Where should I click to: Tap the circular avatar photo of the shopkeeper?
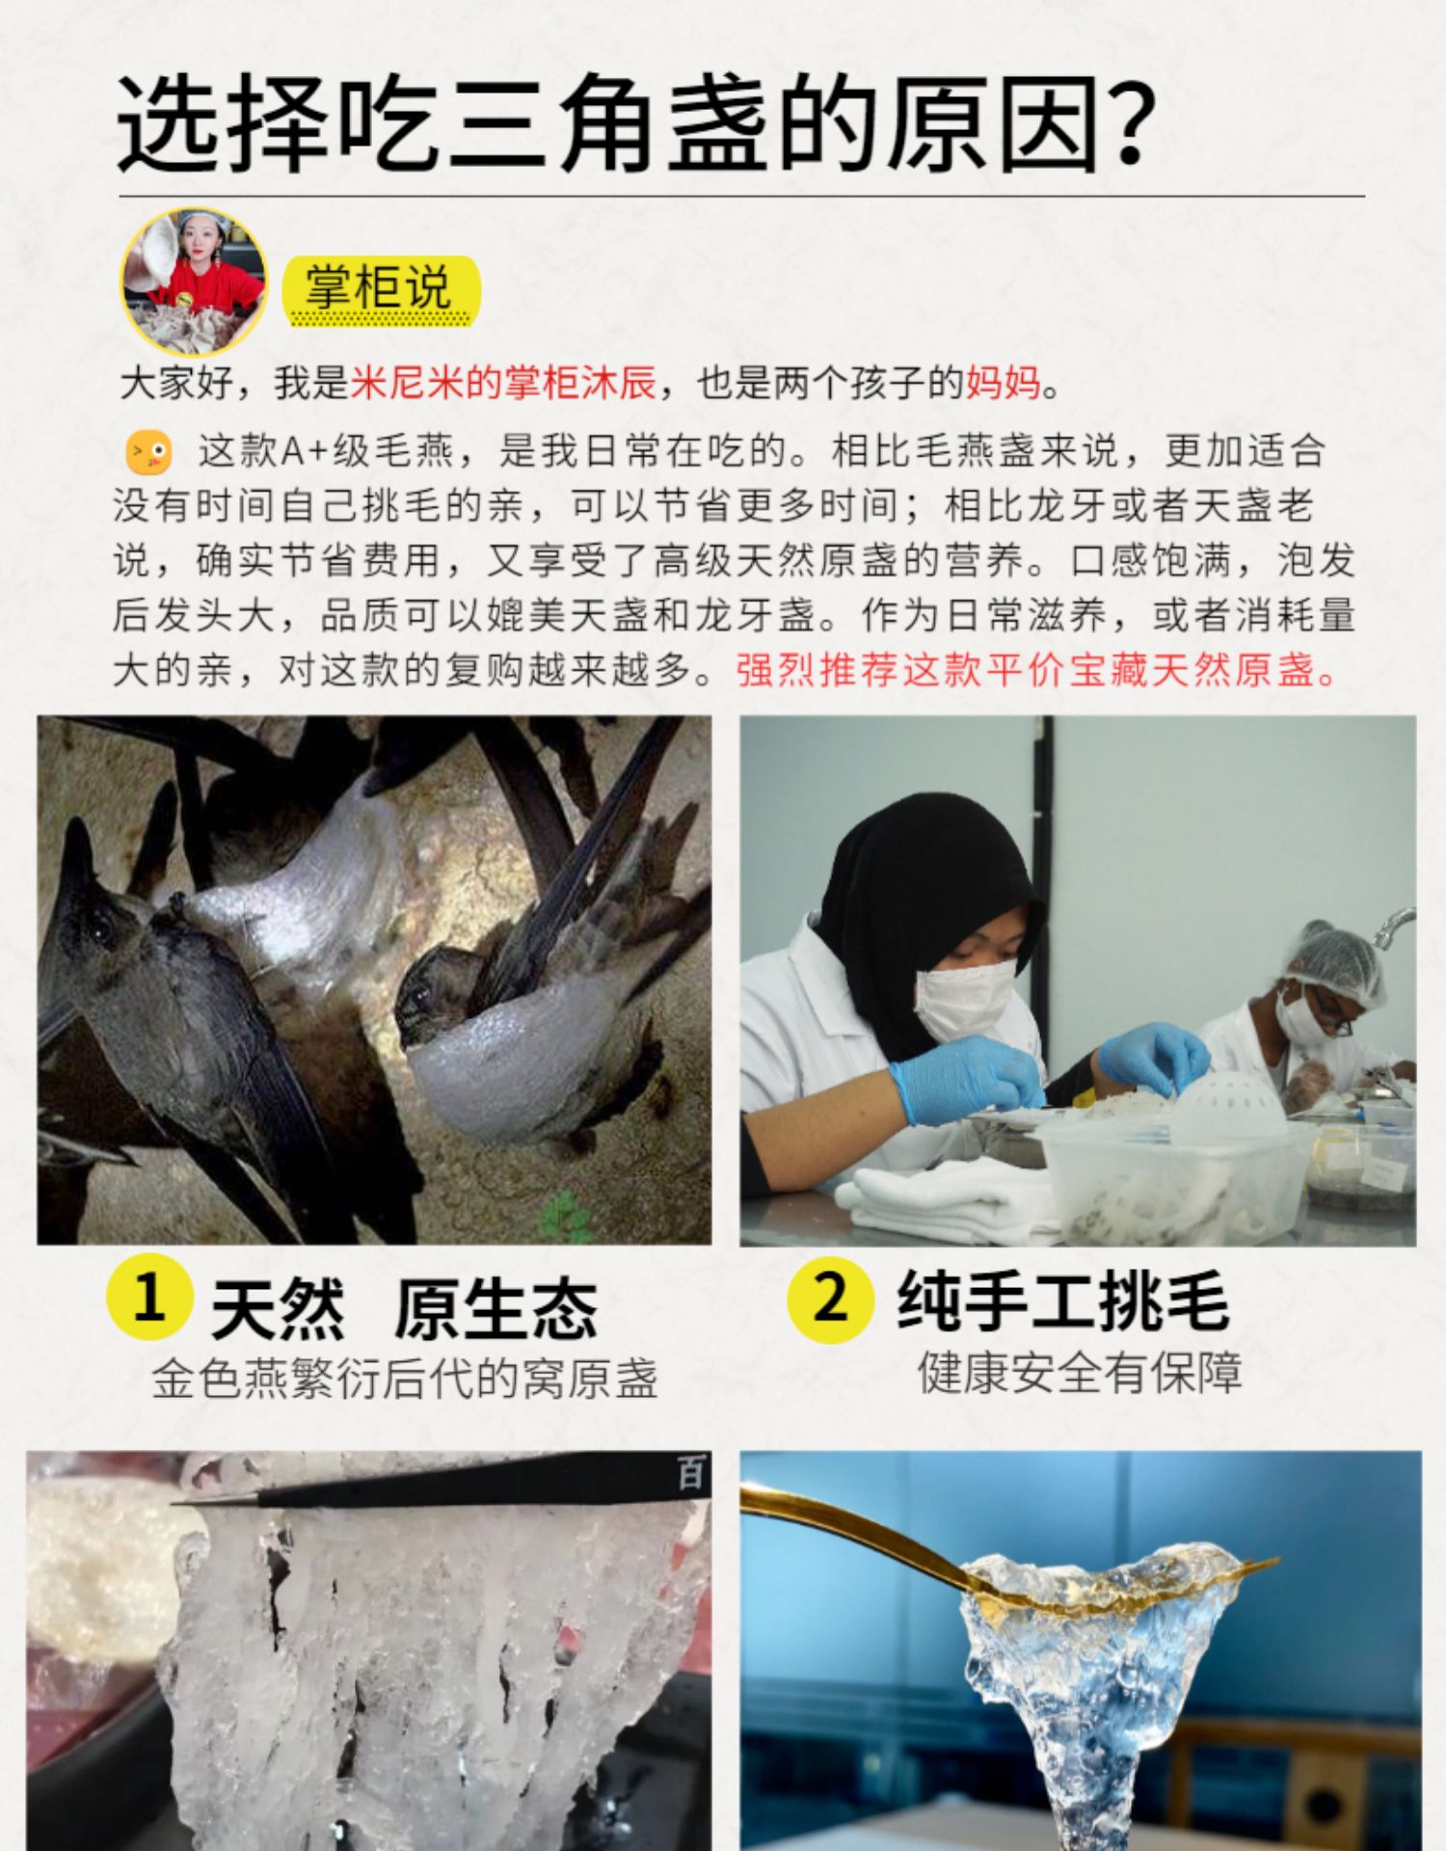point(194,282)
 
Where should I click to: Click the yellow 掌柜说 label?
point(380,289)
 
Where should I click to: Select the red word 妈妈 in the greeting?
point(1003,383)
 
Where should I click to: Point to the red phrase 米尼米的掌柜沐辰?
point(502,383)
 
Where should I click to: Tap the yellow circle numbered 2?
point(830,1298)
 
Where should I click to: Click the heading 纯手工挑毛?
point(1063,1301)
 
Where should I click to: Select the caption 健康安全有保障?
point(1081,1372)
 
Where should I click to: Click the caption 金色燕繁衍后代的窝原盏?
point(405,1380)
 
